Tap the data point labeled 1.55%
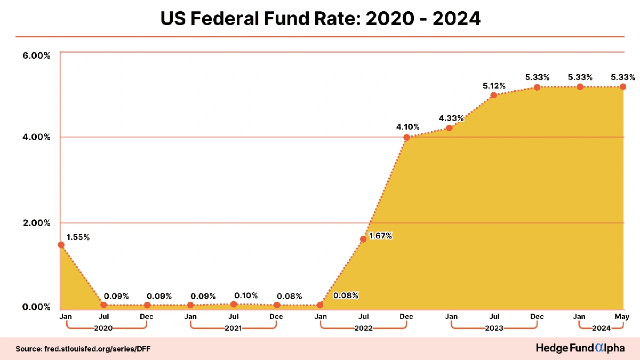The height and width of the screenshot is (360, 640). (61, 245)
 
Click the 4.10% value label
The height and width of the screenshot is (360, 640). (407, 127)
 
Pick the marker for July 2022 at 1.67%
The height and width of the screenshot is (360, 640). (363, 239)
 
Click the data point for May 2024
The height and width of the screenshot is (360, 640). (622, 86)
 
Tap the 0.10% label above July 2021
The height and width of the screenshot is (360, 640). (246, 295)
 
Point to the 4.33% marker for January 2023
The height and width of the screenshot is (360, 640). (450, 128)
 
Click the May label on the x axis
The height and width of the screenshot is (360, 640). (622, 317)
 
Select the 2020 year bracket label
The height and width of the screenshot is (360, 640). (103, 328)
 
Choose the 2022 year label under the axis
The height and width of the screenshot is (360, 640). (363, 328)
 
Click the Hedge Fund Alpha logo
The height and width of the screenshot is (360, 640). (580, 348)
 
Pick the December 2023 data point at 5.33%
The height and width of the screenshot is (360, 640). (537, 87)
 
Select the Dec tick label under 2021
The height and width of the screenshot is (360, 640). (276, 317)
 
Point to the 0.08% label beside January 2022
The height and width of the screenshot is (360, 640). (346, 295)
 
